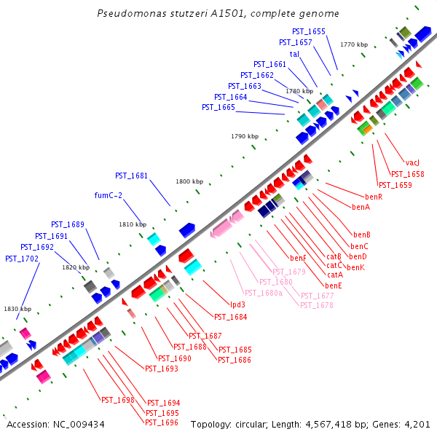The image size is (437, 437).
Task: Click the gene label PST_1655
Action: click(x=308, y=31)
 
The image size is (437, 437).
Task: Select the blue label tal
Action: click(x=294, y=54)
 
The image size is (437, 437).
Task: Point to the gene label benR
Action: click(x=374, y=197)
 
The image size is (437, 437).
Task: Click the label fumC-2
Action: click(x=109, y=195)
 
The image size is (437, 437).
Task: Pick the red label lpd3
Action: click(x=238, y=304)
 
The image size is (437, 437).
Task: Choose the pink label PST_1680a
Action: click(x=264, y=293)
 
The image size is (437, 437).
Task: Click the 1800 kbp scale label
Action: click(x=189, y=181)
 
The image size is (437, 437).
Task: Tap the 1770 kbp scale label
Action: click(x=354, y=45)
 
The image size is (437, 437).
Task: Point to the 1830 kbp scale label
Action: click(x=17, y=309)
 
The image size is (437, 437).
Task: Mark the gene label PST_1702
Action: click(x=20, y=259)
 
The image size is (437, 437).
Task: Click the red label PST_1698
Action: click(x=117, y=400)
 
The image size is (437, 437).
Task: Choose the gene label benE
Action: click(x=334, y=286)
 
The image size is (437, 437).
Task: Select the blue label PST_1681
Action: click(x=131, y=176)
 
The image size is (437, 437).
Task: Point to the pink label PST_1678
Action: click(x=317, y=305)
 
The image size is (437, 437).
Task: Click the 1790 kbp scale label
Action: click(x=245, y=136)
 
